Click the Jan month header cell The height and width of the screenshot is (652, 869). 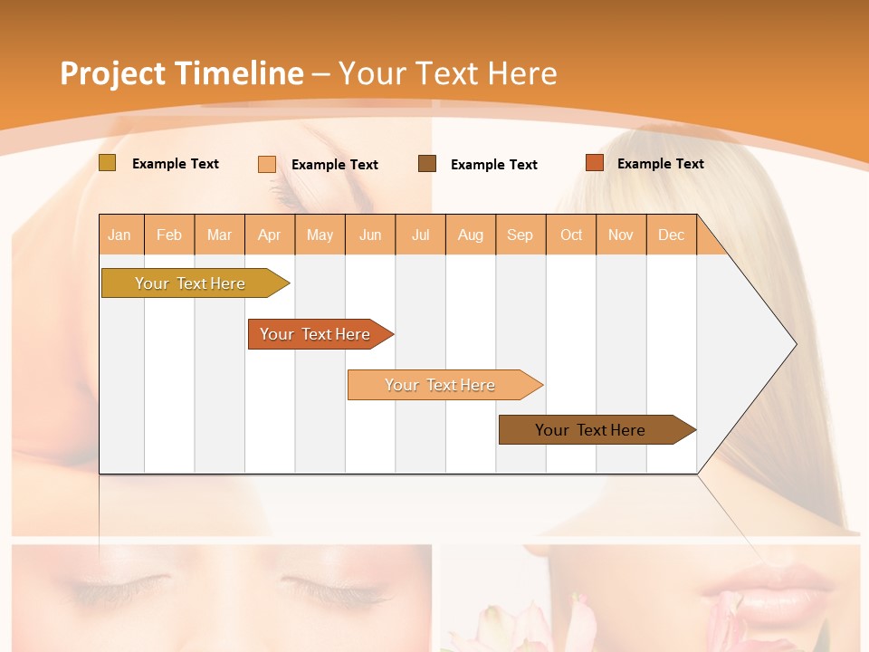(120, 235)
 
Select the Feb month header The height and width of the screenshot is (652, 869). (169, 235)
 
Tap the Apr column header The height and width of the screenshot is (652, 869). (270, 235)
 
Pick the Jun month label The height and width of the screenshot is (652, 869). (370, 235)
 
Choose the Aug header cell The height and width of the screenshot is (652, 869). (471, 235)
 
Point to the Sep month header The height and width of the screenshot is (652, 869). (520, 235)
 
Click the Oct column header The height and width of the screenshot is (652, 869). (571, 235)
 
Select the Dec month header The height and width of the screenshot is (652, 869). (672, 235)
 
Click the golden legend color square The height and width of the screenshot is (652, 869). (108, 163)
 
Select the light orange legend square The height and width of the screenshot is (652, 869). (267, 164)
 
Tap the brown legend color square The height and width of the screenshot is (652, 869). (427, 164)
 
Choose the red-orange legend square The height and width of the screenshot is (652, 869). (594, 163)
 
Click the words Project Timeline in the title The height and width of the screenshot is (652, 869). (181, 73)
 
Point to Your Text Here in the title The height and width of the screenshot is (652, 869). (447, 73)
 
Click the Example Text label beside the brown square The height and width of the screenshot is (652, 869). (494, 165)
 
